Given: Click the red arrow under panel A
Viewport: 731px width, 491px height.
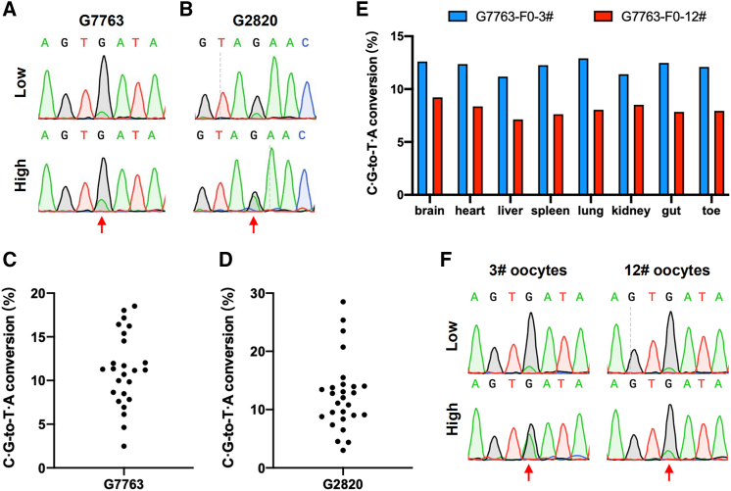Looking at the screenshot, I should (102, 224).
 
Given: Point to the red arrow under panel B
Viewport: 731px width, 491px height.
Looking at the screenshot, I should (254, 224).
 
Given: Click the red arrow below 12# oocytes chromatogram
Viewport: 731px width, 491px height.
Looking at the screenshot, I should (669, 472).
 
